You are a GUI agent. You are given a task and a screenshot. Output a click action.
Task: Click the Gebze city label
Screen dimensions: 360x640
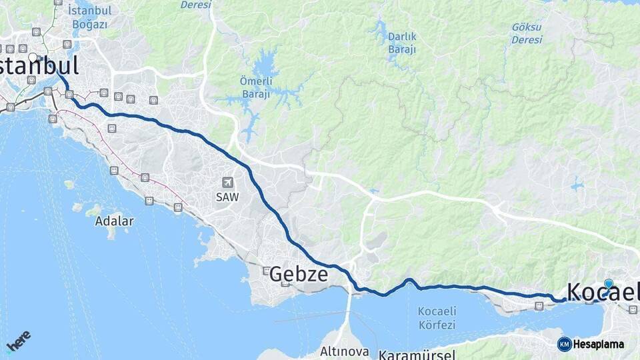(299, 274)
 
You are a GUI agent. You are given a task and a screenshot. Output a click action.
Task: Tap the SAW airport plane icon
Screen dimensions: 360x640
(227, 182)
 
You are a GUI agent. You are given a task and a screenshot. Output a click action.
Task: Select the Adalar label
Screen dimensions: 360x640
(114, 221)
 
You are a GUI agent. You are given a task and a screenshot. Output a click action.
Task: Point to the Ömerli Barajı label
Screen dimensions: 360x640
(255, 87)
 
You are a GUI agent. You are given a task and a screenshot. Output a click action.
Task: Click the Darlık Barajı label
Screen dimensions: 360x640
(402, 43)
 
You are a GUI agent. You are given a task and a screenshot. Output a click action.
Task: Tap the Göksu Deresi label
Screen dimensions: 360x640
(527, 33)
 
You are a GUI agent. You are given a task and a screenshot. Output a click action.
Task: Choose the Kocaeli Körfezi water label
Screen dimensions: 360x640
(437, 318)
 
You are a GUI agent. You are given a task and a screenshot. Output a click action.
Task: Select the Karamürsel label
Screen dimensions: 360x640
(417, 354)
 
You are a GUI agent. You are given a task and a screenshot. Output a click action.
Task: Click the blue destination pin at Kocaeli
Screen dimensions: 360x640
(609, 283)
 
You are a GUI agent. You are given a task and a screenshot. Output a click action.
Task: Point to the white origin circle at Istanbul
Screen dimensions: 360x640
(33, 57)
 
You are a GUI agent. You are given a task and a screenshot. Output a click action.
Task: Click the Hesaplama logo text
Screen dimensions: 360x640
(598, 344)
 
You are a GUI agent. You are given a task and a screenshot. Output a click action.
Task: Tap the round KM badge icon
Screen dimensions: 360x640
(564, 344)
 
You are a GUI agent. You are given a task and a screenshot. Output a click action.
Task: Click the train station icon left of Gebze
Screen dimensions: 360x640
(267, 271)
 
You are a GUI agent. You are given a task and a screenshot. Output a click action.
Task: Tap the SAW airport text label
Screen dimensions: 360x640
(227, 197)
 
